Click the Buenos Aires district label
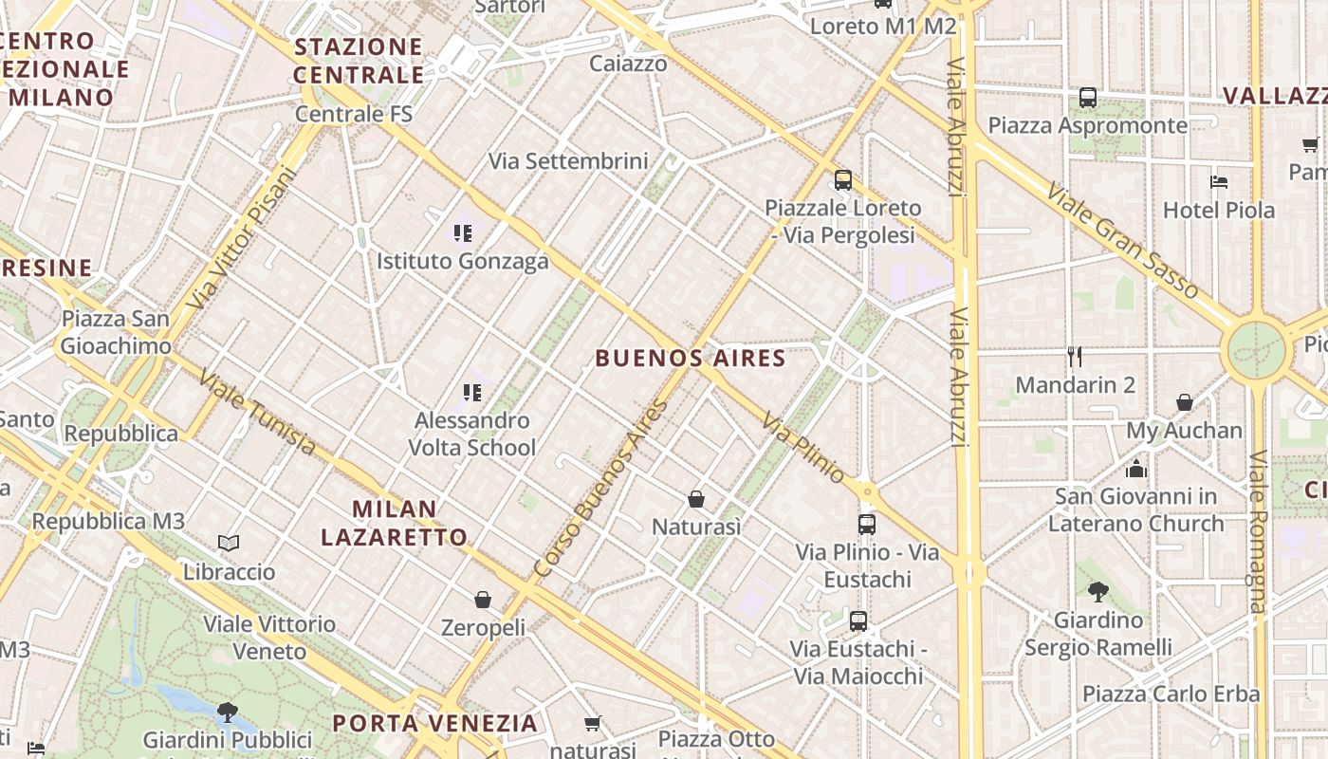[x=691, y=359]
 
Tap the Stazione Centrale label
[x=359, y=61]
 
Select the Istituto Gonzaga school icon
[x=463, y=232]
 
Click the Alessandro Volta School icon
[x=472, y=392]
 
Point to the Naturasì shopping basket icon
[x=696, y=499]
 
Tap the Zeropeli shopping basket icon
[x=483, y=600]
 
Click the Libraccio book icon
[x=229, y=544]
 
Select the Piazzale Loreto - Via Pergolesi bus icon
[x=842, y=180]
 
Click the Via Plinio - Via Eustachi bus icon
[x=866, y=525]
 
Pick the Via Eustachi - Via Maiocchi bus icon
[x=858, y=621]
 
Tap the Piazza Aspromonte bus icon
[x=1088, y=98]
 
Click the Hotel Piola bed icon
[x=1219, y=182]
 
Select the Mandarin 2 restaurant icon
[x=1075, y=358]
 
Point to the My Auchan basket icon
[x=1185, y=402]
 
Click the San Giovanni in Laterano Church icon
[x=1135, y=469]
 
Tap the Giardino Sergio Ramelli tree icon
[x=1098, y=592]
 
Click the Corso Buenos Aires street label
[x=601, y=490]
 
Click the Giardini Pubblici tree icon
[x=227, y=712]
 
